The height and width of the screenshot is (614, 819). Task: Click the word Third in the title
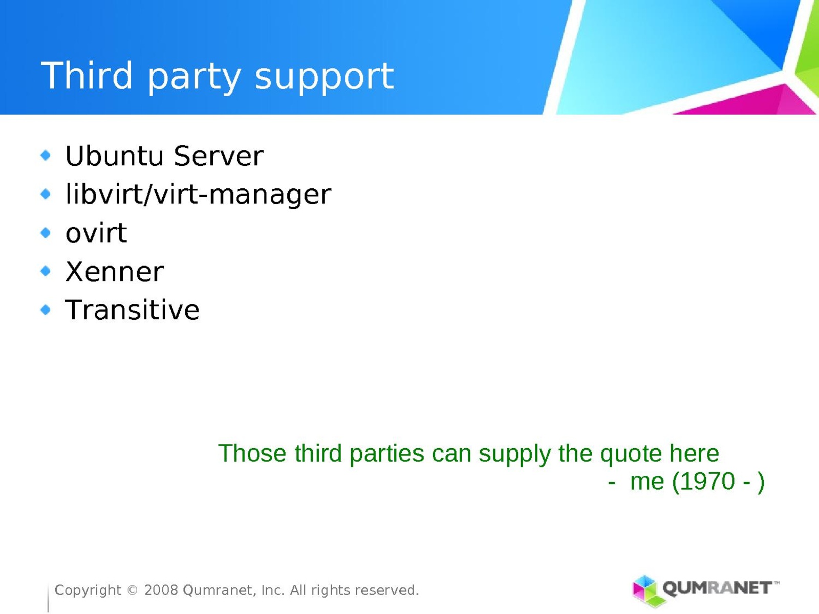tap(87, 75)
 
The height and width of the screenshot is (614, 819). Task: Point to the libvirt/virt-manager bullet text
tap(198, 194)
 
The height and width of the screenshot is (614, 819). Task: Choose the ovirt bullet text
tap(96, 233)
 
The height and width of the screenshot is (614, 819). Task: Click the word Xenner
tap(115, 271)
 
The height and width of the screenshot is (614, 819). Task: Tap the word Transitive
tap(133, 310)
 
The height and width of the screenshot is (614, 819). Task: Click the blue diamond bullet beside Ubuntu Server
tap(46, 155)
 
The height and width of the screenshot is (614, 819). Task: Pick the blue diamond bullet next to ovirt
tap(46, 233)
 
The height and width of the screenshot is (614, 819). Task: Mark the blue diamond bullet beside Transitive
tap(46, 310)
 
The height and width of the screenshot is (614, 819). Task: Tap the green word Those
tap(252, 453)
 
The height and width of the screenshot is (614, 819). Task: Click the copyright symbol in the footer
tap(133, 590)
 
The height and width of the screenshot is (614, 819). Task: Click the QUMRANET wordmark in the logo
tap(717, 588)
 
